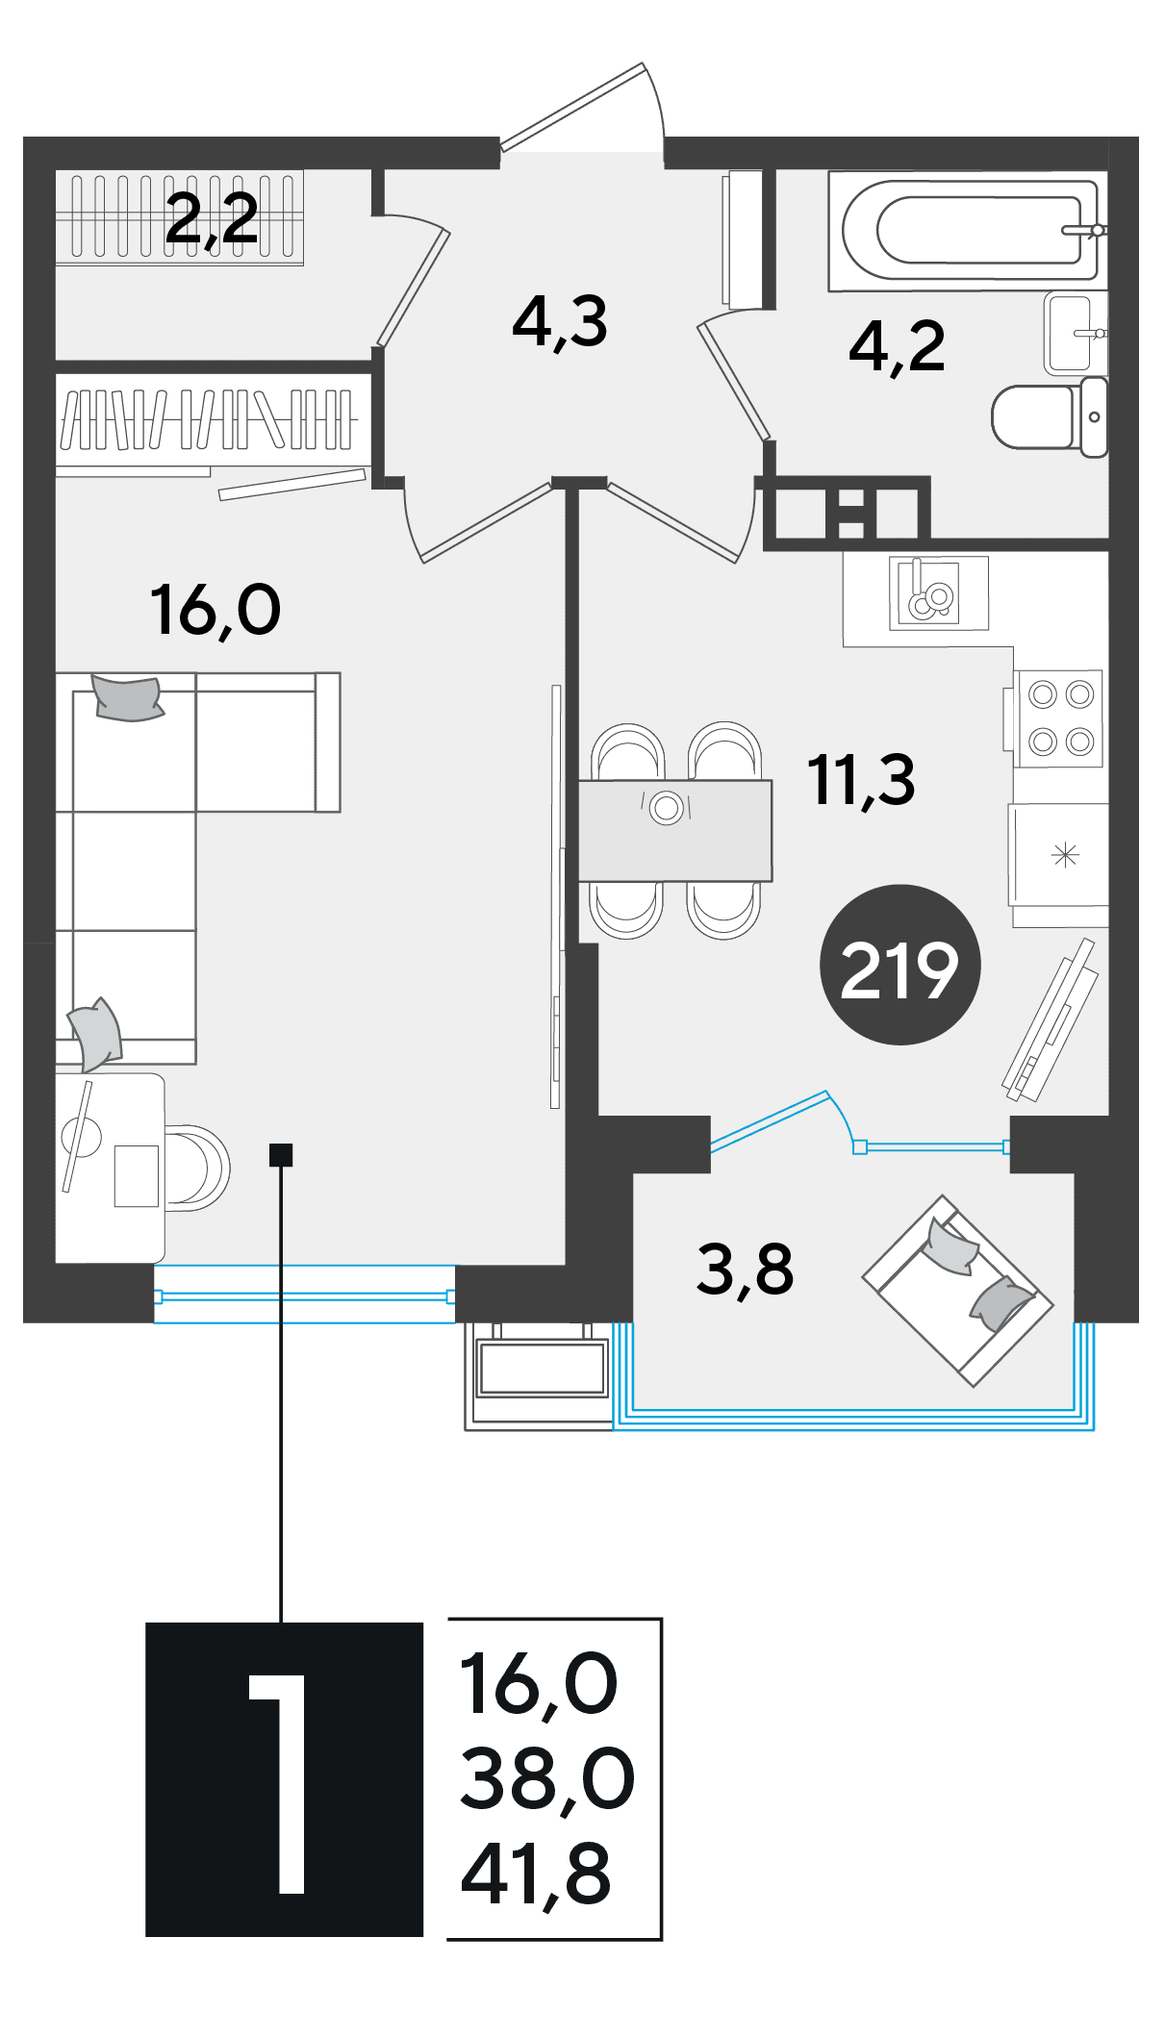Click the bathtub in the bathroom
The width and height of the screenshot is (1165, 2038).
coord(967,231)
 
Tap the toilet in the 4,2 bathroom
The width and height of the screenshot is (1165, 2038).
coord(1050,417)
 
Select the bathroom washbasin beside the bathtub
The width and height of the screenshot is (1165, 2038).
coord(1076,333)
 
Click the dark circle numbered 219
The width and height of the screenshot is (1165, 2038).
coord(899,965)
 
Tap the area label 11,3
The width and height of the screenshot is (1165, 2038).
coord(861,781)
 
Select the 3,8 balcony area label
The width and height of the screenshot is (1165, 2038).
coord(745,1270)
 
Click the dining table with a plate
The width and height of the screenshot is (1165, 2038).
coord(675,831)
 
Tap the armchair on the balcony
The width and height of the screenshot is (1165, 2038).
coord(957,1291)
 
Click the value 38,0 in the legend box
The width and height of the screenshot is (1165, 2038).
coord(547,1780)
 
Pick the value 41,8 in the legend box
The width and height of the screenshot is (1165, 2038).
coord(536,1876)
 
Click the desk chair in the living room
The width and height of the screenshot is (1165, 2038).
coord(198,1168)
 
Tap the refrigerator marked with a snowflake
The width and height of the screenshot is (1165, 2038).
coord(1058,855)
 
